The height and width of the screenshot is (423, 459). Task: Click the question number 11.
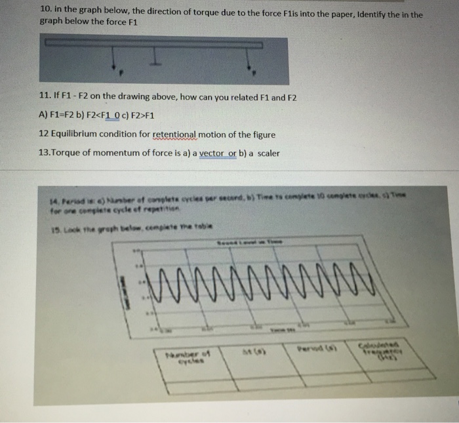point(46,97)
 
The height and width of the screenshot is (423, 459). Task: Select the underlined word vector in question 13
point(216,153)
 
